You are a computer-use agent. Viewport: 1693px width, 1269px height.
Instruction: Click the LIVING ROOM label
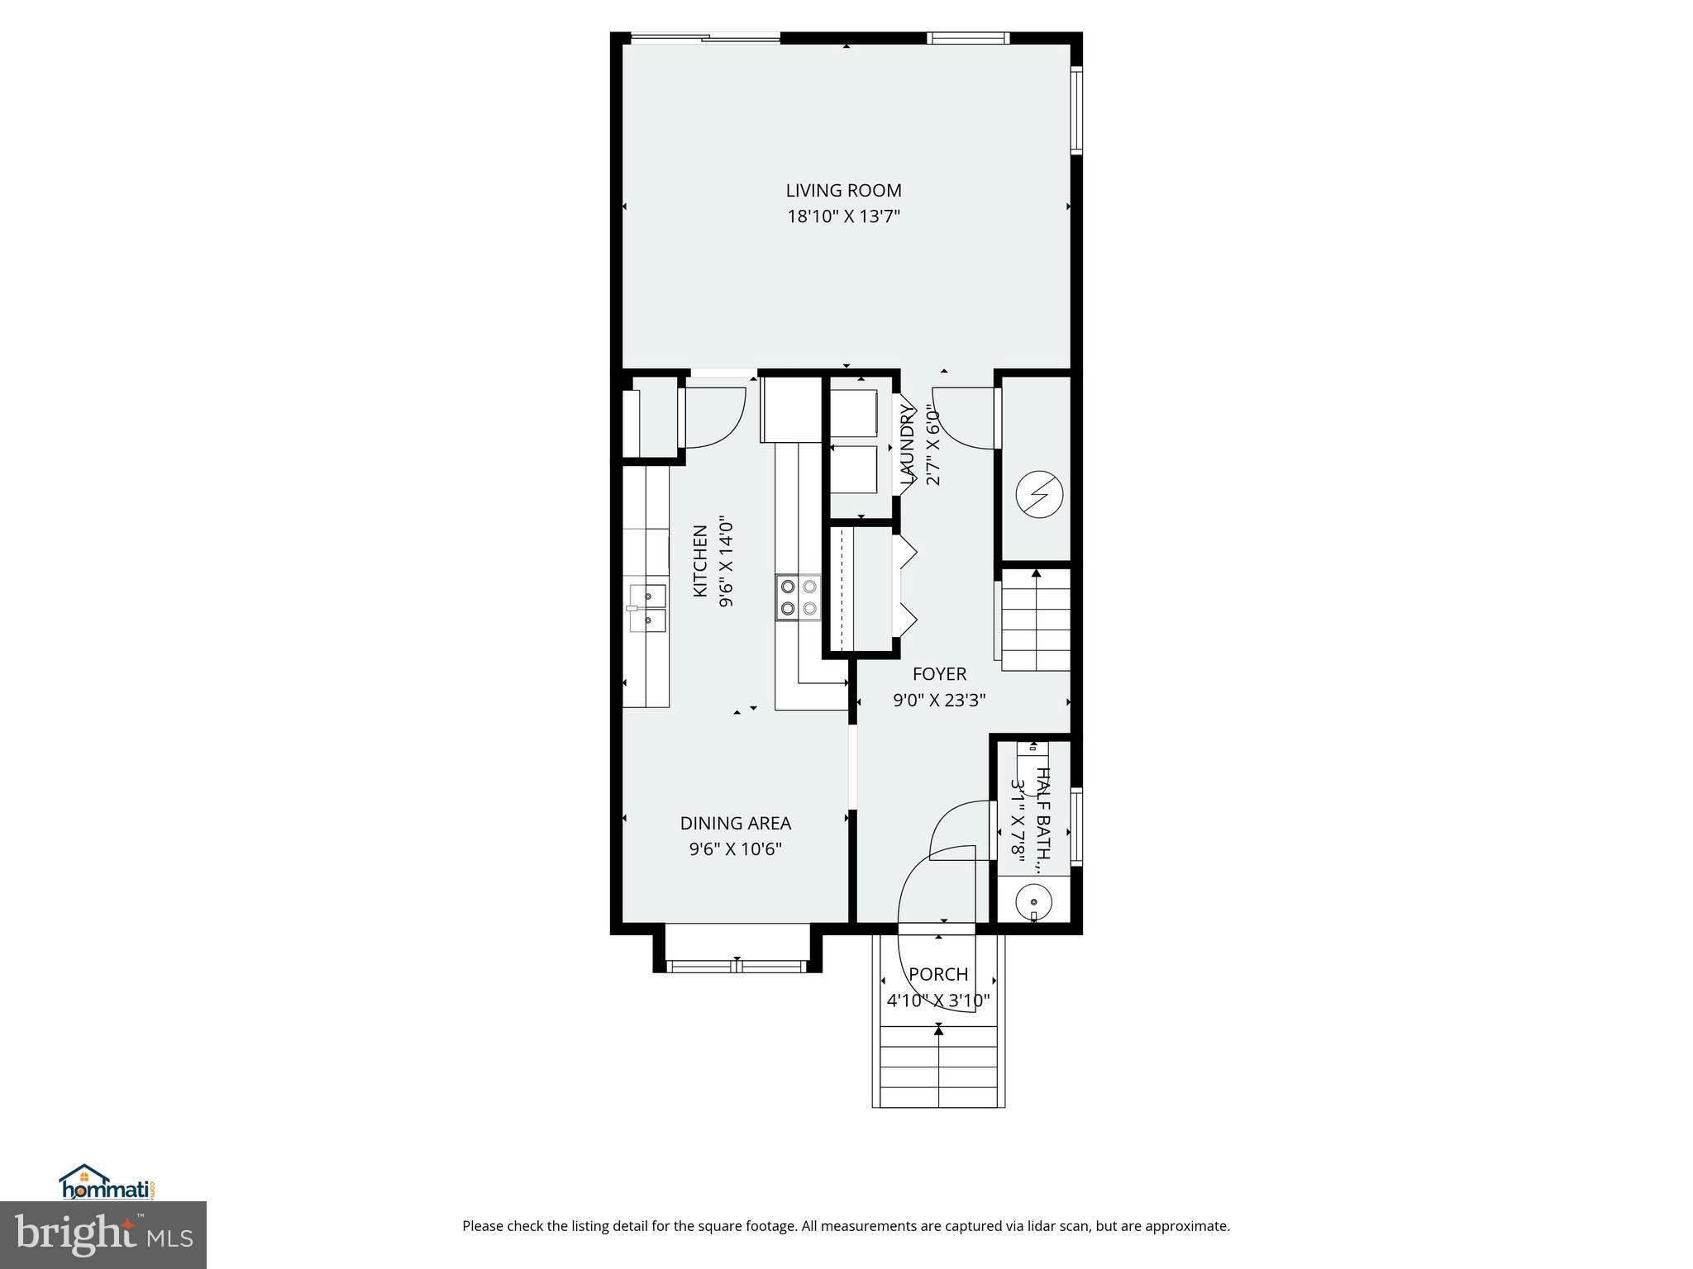point(843,191)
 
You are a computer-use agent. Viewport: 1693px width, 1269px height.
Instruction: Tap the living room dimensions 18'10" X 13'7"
point(843,217)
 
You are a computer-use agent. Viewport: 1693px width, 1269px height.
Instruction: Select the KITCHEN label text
point(700,561)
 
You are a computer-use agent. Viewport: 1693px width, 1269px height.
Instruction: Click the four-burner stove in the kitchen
point(799,597)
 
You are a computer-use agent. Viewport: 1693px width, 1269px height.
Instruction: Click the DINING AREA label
point(735,824)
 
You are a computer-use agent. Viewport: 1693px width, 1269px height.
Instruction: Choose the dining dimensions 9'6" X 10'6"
point(735,849)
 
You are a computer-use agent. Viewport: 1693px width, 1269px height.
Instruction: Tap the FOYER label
point(939,674)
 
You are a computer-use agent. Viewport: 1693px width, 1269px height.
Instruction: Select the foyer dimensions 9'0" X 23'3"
point(939,701)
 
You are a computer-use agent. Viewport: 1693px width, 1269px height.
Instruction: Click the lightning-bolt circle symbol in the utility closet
point(1038,495)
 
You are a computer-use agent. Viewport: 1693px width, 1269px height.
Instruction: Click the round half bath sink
point(1033,902)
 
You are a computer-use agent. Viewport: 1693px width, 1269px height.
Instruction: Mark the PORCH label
point(938,975)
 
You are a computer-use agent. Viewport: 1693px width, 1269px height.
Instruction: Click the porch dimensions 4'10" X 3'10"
point(938,1001)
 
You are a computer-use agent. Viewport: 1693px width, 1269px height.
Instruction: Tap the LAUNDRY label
point(908,444)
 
